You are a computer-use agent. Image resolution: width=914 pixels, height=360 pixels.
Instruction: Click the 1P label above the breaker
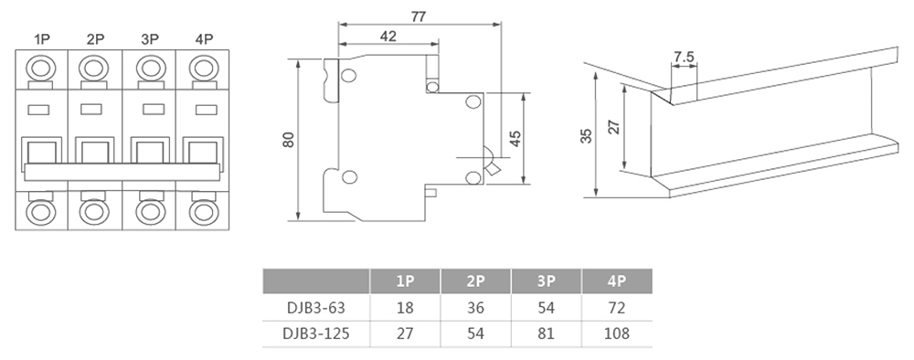click(x=42, y=39)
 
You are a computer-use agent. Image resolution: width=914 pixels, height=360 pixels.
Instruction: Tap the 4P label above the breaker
click(x=204, y=39)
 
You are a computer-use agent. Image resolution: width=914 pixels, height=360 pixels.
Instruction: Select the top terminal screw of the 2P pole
click(x=94, y=69)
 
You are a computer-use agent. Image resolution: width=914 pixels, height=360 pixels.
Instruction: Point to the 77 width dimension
click(x=419, y=16)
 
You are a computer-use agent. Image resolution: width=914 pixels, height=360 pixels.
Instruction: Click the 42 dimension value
click(x=388, y=37)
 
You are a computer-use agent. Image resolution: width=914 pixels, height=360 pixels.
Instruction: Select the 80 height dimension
click(x=289, y=140)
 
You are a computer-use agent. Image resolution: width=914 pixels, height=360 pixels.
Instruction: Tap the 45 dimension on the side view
click(x=515, y=139)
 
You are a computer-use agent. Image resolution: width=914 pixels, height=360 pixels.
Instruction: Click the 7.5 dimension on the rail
click(x=684, y=57)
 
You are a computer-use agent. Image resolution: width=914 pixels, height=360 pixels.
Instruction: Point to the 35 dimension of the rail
click(x=587, y=136)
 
